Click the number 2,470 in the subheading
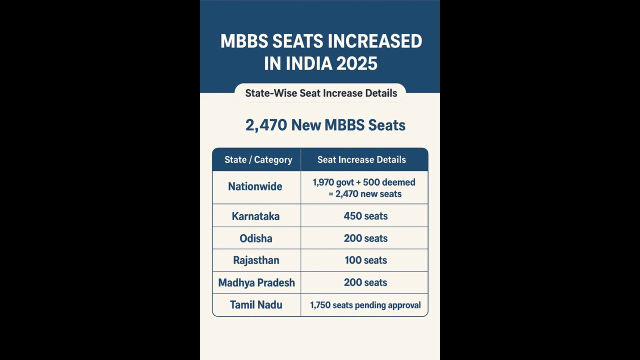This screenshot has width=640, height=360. tap(266, 125)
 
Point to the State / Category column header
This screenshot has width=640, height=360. tap(258, 160)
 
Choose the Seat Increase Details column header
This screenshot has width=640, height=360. tap(361, 160)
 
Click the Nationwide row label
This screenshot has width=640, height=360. tap(255, 186)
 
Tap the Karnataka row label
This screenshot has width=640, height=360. tap(255, 216)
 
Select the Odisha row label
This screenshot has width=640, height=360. tap(256, 238)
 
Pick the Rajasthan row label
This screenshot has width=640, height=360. tap(256, 260)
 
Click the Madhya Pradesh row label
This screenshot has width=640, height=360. tap(256, 282)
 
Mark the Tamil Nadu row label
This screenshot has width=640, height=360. tap(256, 305)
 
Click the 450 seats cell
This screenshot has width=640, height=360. tap(365, 216)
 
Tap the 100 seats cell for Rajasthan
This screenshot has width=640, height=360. tap(365, 260)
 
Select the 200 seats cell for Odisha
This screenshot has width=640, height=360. tap(365, 238)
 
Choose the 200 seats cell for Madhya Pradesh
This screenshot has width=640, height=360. tap(365, 282)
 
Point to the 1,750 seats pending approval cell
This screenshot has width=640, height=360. tap(365, 305)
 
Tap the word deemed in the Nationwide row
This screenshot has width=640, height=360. tap(398, 182)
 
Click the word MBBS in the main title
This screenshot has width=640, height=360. tap(241, 41)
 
